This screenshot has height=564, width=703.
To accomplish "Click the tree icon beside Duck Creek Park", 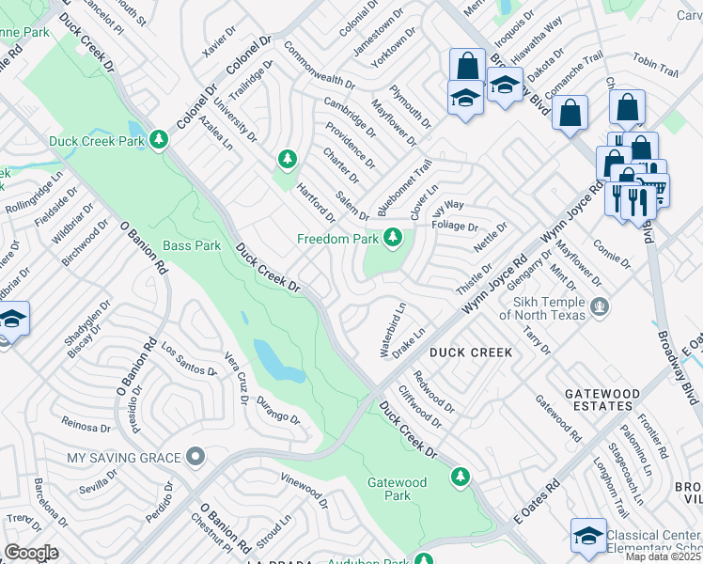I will click(x=159, y=141).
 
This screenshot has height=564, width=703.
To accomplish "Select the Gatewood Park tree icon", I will click(x=460, y=475).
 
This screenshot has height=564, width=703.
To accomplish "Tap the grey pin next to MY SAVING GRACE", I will click(x=195, y=457).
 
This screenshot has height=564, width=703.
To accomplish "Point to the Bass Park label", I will click(x=192, y=245).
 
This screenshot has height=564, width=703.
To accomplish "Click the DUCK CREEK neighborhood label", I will click(x=471, y=352).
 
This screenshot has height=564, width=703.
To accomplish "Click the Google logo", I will click(x=31, y=553).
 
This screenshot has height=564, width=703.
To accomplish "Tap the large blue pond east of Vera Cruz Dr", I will click(x=273, y=361).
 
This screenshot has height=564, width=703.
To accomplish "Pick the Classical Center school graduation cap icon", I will click(x=588, y=536).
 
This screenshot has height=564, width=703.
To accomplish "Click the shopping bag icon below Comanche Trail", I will click(x=570, y=114).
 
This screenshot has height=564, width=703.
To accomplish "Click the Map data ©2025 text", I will click(x=662, y=556).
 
